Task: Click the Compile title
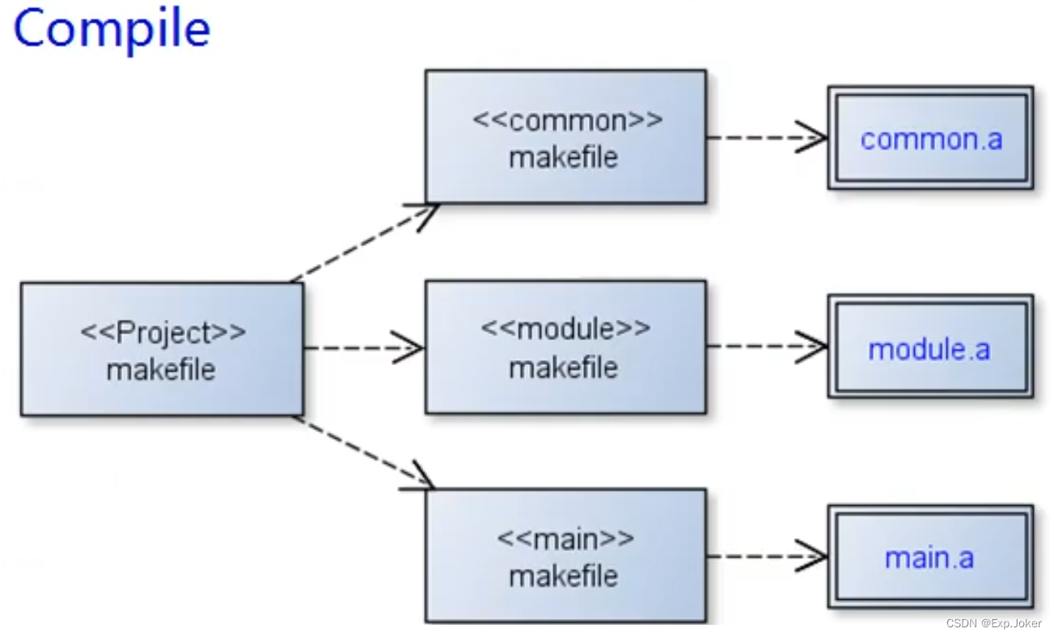click(112, 29)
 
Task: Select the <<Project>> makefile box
click(162, 349)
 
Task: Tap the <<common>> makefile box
click(565, 136)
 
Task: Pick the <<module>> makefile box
click(565, 347)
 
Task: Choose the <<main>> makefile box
click(565, 555)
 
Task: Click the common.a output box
click(930, 138)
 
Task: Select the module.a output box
click(930, 347)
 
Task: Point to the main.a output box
click(930, 557)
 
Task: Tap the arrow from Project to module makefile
click(363, 349)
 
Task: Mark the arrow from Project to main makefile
click(364, 453)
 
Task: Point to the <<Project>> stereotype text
click(163, 332)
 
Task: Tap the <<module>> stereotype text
click(565, 329)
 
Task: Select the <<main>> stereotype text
click(565, 537)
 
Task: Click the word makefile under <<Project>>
click(161, 370)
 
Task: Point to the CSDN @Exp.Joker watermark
click(993, 623)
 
